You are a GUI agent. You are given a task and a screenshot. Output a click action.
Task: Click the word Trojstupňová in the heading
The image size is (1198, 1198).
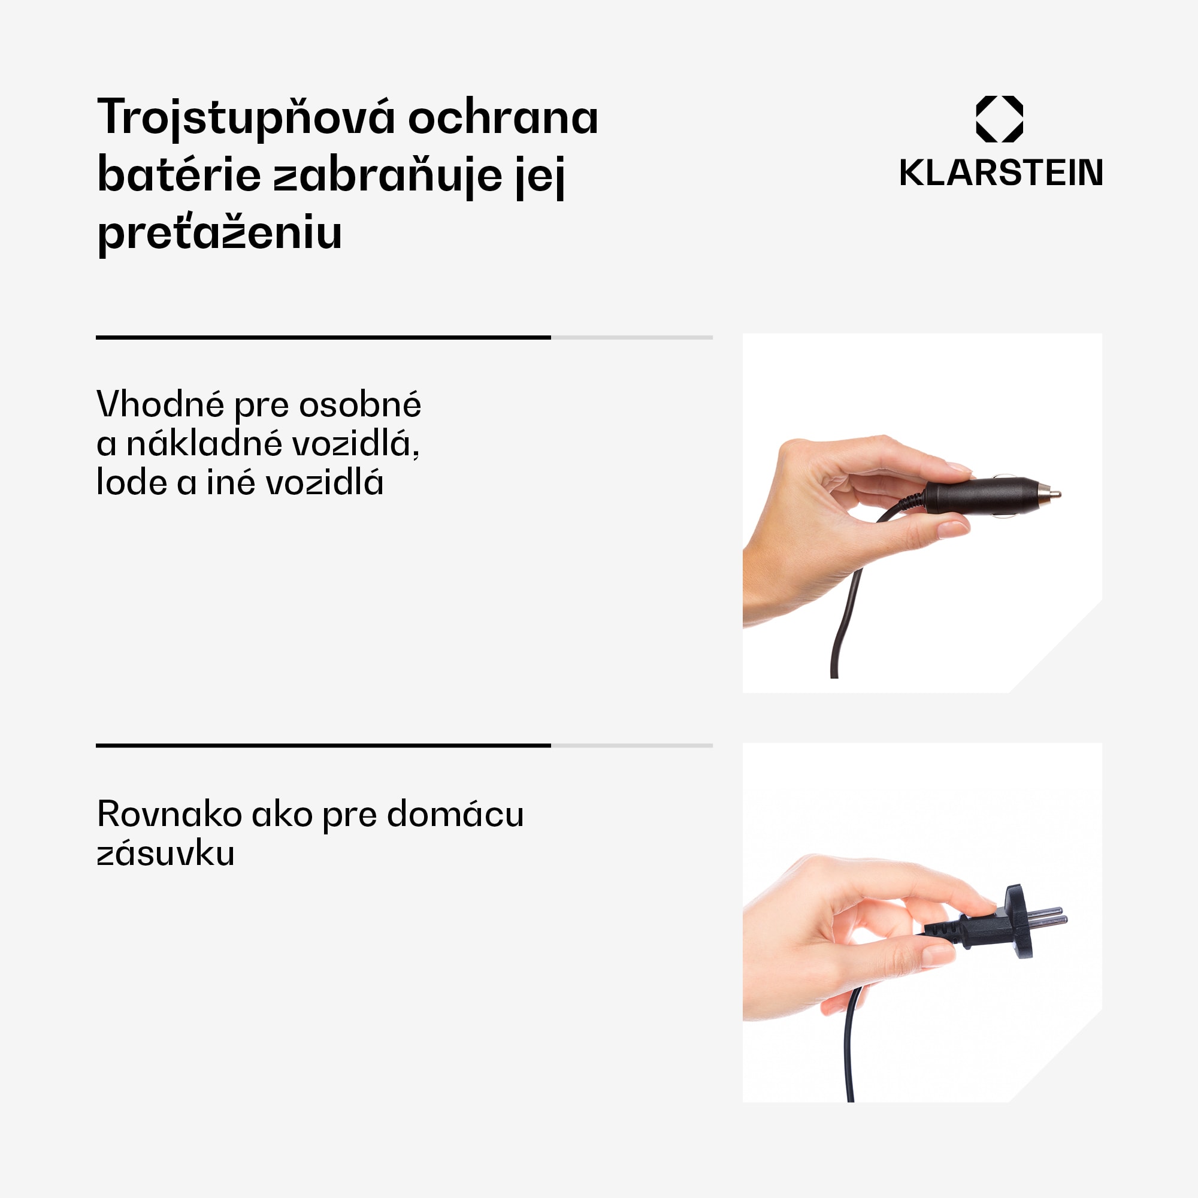click(246, 118)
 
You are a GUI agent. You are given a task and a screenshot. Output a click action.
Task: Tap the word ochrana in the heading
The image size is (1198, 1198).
click(503, 118)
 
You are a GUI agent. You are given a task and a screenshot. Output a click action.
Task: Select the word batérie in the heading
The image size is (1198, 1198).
click(179, 176)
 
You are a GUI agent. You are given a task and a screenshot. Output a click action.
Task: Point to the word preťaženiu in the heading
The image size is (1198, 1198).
click(219, 233)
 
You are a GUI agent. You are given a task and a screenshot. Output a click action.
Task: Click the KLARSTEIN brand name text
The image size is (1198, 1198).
click(1001, 173)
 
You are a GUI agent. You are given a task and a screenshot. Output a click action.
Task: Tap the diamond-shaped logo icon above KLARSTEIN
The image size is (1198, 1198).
click(999, 119)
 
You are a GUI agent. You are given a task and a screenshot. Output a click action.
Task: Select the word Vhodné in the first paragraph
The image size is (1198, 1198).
click(160, 405)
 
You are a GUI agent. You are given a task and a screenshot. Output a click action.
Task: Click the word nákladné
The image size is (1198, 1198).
click(207, 444)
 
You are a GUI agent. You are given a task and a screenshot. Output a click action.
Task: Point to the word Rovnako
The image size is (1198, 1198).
click(170, 814)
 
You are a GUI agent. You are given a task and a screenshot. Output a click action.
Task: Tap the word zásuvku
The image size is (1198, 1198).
click(165, 853)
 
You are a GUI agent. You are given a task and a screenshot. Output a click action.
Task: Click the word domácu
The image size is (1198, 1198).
click(455, 814)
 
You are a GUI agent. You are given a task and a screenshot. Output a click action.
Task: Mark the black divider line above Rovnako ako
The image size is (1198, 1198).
click(323, 745)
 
